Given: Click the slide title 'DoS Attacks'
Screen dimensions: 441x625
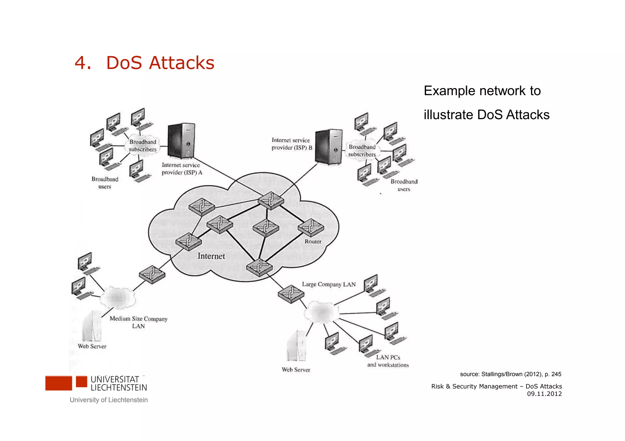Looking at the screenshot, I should (160, 63).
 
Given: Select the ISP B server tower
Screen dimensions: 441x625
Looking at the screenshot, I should (329, 147).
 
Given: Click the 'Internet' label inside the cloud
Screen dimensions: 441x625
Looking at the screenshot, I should (211, 256).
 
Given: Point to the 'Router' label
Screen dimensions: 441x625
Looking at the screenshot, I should (313, 241).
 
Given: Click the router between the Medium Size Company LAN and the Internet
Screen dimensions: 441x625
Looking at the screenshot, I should (152, 274).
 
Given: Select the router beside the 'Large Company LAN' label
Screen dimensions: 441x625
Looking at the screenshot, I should (291, 294).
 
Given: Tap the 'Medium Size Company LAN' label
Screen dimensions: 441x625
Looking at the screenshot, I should (139, 322).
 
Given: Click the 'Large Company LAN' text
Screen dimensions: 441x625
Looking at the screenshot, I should (329, 284).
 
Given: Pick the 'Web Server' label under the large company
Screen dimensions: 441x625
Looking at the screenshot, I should (296, 370).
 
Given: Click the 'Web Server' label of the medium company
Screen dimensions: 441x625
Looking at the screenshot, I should (92, 346).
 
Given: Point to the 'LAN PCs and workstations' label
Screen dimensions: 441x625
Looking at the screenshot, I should (388, 361).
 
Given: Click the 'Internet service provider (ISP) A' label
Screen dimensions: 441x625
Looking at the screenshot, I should (182, 169).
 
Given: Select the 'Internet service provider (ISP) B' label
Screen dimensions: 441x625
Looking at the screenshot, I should (292, 144).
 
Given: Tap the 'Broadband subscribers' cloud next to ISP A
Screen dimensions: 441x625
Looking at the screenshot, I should (143, 146).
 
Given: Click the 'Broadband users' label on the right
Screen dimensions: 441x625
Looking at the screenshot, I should (404, 185).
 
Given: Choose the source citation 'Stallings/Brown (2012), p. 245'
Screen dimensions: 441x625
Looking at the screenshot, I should (511, 374).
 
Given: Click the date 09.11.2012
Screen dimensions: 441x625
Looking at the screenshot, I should (544, 394).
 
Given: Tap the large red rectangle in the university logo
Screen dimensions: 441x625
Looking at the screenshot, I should (59, 383).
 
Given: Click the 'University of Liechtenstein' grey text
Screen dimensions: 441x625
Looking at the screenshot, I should (109, 400).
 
